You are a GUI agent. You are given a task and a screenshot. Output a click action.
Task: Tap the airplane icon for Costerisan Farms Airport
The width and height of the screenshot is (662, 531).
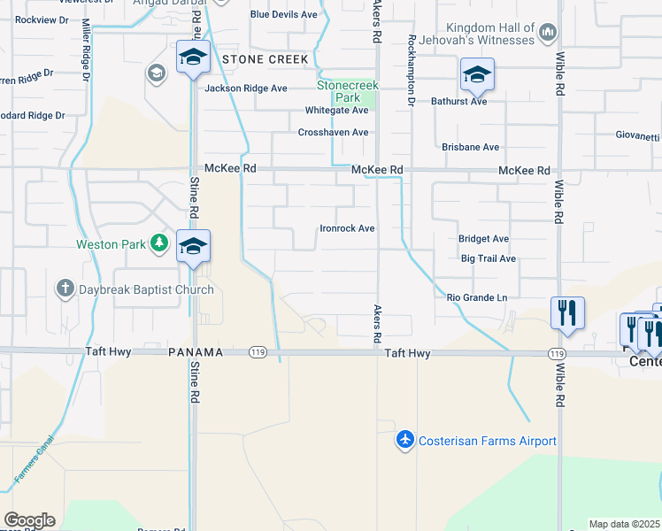[405, 440]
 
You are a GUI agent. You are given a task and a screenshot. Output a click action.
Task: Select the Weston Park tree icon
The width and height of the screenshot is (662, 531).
[158, 243]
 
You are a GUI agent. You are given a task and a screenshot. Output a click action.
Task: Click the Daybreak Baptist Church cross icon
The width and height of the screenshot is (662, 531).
[65, 289]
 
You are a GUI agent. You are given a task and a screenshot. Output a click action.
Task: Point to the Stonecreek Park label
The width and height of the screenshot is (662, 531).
[349, 90]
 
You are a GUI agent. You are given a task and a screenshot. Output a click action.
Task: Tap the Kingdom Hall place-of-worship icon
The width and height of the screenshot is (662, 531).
[548, 34]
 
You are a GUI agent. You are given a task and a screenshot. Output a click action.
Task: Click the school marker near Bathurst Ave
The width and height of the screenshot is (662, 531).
[477, 75]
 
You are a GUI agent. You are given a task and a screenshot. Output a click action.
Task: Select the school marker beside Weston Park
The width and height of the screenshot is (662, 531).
[192, 246]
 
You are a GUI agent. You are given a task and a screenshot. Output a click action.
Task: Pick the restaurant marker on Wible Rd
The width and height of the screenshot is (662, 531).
[567, 313]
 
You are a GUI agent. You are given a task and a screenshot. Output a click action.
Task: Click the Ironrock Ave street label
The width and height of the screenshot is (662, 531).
[347, 228]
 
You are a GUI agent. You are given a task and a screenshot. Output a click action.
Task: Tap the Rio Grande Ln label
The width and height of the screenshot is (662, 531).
[477, 298]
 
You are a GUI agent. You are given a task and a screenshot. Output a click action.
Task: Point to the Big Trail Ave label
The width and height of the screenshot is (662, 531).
[488, 258]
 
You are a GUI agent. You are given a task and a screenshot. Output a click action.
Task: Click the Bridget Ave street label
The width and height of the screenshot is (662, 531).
[483, 239]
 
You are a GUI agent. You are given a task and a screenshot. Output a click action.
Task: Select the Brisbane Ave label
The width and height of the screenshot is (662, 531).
[471, 147]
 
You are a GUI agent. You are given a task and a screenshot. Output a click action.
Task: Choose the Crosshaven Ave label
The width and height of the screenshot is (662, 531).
[333, 132]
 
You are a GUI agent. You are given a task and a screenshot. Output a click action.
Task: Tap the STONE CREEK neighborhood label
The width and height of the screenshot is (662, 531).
[266, 59]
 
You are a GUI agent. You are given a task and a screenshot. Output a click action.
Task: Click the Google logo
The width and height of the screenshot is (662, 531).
[29, 520]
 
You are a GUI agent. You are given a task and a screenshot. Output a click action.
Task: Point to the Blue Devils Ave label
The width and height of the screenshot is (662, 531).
[283, 14]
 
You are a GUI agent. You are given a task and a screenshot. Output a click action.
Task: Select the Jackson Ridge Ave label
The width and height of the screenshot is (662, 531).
[246, 88]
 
